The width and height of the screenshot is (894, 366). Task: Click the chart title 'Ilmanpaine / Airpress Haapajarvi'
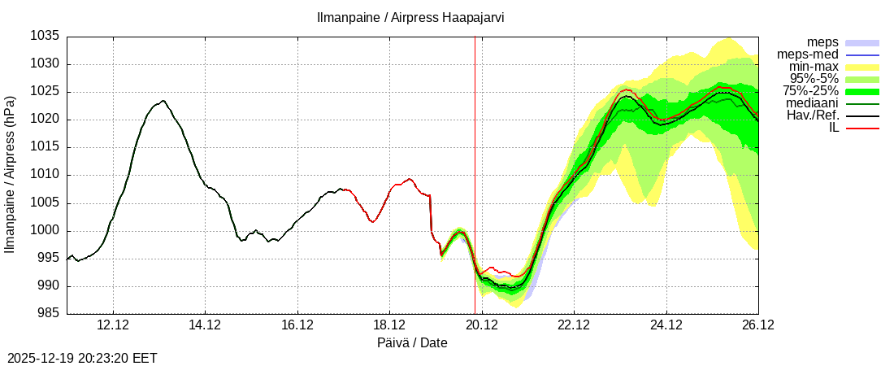coord(410,17)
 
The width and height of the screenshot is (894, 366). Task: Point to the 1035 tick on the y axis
coord(46,37)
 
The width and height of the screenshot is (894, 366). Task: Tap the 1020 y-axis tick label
coord(46,120)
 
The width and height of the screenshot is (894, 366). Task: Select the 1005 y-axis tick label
coord(46,203)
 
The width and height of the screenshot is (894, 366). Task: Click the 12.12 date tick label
coord(113,325)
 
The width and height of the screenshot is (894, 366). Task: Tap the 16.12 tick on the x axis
coord(297,325)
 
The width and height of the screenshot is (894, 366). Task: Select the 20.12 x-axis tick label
coord(482,325)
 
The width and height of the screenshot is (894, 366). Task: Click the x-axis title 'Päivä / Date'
coord(412,342)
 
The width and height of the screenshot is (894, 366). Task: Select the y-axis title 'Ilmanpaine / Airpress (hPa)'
coord(11,175)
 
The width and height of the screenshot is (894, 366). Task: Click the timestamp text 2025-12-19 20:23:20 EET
coord(82,358)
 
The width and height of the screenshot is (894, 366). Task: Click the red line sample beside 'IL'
coord(863,128)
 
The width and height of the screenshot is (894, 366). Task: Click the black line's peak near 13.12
coord(163,101)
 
